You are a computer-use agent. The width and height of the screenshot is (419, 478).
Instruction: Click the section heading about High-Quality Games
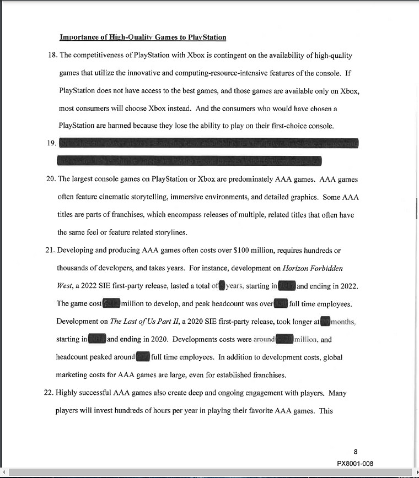pos(143,37)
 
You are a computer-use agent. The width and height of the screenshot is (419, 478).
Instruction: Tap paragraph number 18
pos(51,55)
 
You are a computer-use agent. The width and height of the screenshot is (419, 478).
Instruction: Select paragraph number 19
pos(51,144)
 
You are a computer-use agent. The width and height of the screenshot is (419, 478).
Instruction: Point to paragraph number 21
pos(51,250)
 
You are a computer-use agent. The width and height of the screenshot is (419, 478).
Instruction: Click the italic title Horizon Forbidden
pos(313,268)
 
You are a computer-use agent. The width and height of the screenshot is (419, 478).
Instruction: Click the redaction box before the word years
pos(222,286)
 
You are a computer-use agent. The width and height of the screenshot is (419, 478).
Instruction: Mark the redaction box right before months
pos(325,322)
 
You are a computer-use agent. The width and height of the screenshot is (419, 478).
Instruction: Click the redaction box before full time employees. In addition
pos(143,357)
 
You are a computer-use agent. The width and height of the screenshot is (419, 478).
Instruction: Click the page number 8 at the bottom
pos(356,452)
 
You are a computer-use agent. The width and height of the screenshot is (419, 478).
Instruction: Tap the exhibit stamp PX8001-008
pos(355,464)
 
